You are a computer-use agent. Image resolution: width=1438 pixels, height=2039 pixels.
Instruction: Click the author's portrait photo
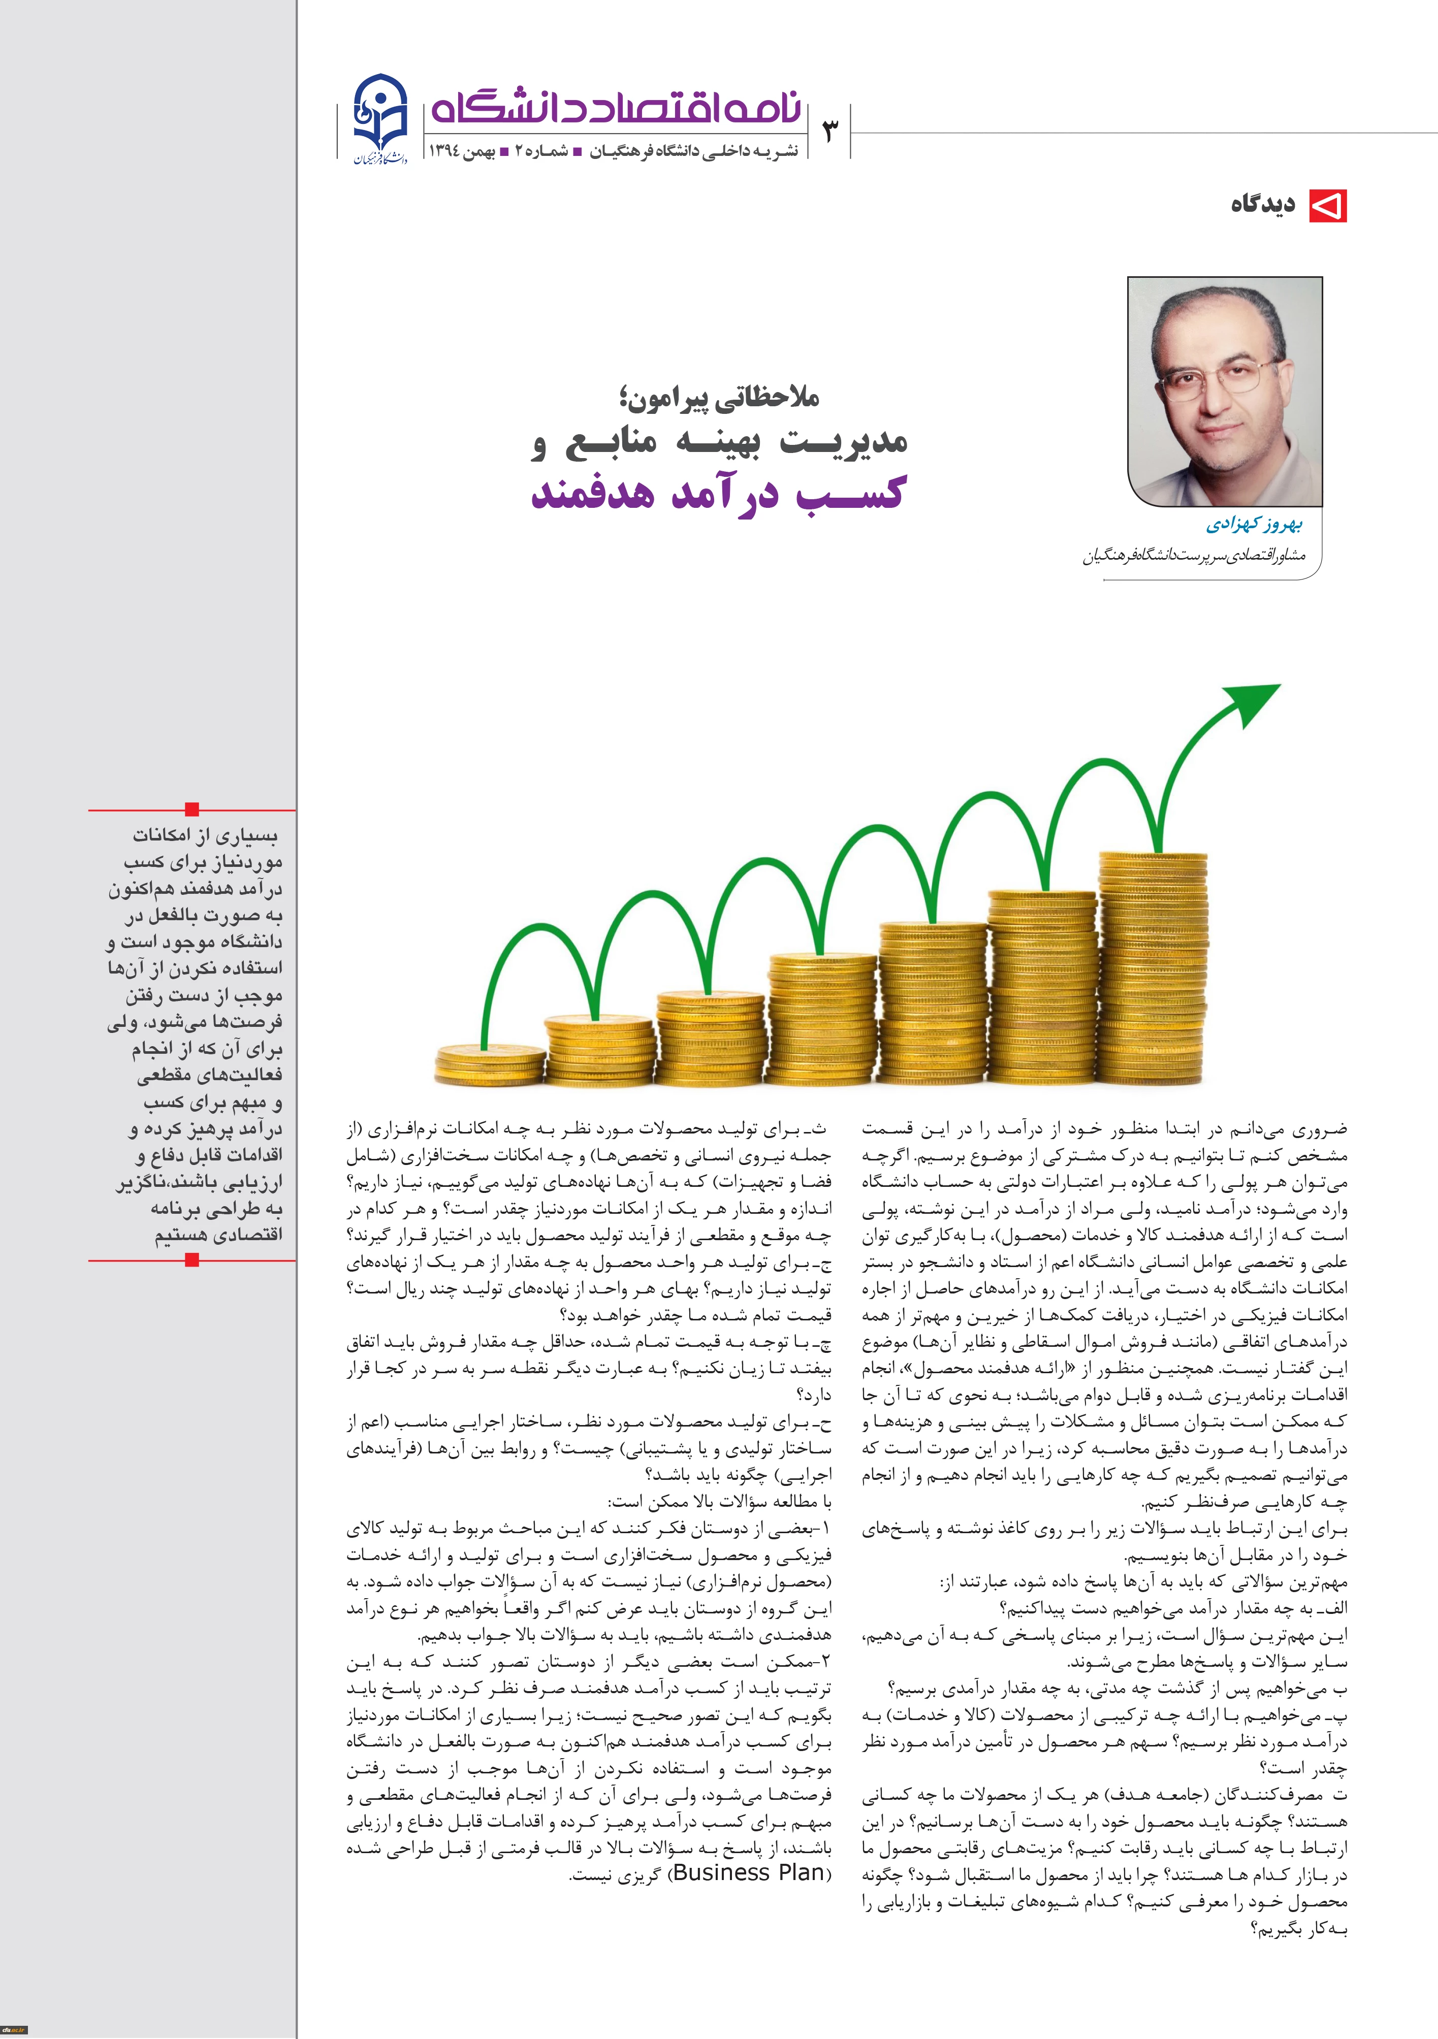coord(1225,392)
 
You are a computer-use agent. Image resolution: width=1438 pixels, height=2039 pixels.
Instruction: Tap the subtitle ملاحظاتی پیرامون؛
coord(719,399)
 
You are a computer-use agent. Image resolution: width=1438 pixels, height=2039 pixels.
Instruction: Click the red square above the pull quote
coord(192,809)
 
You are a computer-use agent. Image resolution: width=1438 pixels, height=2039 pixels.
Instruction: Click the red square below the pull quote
coord(192,1259)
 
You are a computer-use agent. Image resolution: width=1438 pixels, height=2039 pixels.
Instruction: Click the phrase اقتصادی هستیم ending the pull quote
coord(218,1235)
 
